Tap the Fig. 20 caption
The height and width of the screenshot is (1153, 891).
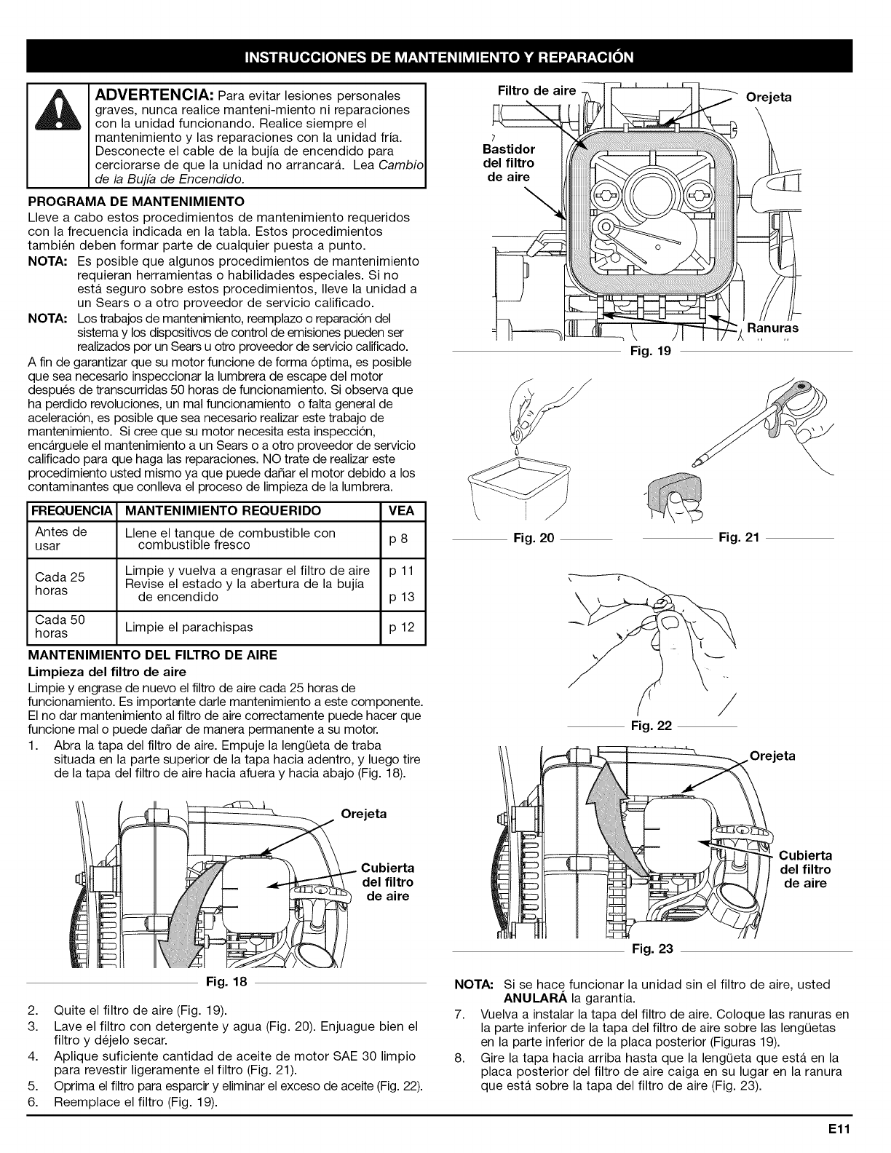(x=534, y=538)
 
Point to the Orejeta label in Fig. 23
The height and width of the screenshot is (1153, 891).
(x=772, y=756)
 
